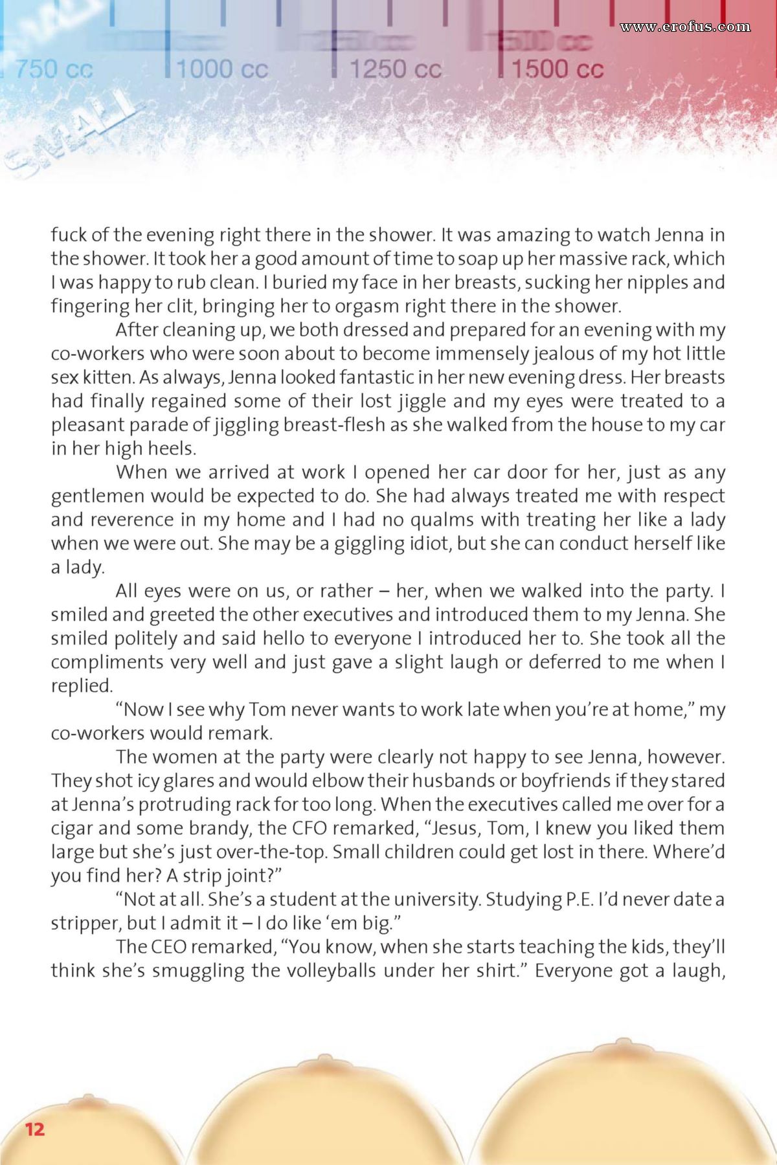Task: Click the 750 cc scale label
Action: tap(54, 69)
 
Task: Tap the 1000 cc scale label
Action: tap(222, 69)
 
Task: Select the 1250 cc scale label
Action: tap(395, 69)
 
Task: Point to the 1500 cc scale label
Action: tap(557, 69)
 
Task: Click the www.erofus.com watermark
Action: tap(684, 27)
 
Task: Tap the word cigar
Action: tap(73, 828)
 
